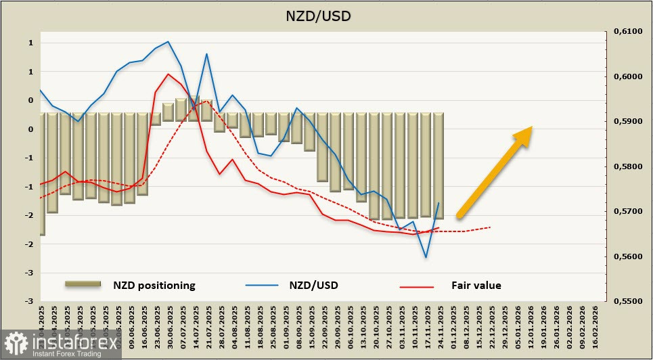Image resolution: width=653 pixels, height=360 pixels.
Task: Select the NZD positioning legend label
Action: tap(154, 286)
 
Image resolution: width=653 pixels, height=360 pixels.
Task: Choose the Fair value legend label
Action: tap(476, 286)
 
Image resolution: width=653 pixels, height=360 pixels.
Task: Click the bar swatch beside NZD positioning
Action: tap(83, 284)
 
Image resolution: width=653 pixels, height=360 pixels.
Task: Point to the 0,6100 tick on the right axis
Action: tap(626, 32)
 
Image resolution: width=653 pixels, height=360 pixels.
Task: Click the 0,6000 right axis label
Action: tap(626, 77)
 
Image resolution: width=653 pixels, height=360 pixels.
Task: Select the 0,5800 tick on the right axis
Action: tap(626, 166)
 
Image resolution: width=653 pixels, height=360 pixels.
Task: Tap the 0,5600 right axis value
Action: tap(626, 256)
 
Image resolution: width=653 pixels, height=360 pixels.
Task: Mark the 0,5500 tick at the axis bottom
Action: tap(626, 301)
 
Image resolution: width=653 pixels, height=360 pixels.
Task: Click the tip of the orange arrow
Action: tap(533, 127)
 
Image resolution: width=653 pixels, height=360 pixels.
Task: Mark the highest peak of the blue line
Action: tap(168, 42)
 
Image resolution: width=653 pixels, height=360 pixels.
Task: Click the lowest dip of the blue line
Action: tap(426, 257)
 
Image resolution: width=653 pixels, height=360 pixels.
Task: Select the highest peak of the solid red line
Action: tap(168, 74)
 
